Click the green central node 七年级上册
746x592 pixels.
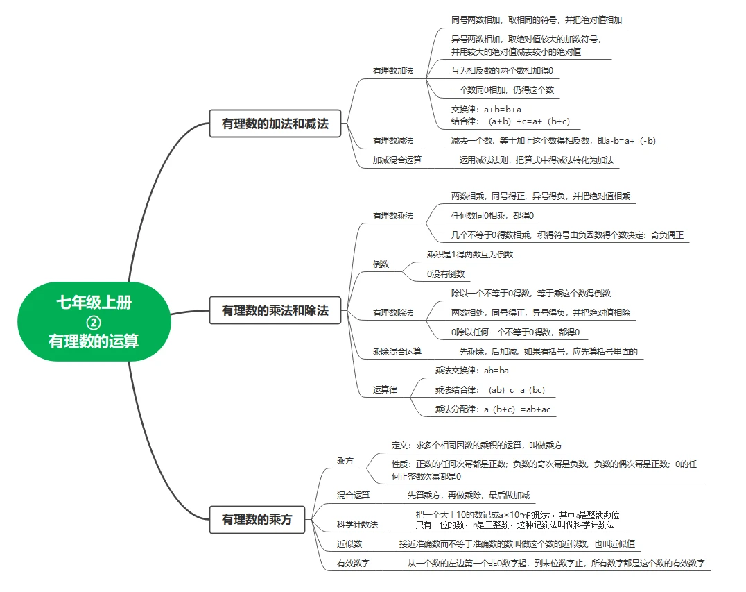coord(94,303)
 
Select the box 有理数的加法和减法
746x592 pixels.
coord(275,124)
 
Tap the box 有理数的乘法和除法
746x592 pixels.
coord(275,310)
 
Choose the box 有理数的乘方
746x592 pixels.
coord(257,519)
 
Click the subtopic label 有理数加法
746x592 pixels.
coord(392,71)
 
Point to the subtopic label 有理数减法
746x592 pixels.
coord(392,141)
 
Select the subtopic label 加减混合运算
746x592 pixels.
coord(397,160)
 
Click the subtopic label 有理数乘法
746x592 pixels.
coord(392,216)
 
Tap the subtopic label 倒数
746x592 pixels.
coord(381,264)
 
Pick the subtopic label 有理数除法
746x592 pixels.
coord(392,313)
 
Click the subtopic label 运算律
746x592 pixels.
coord(385,390)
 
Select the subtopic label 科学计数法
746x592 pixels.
coord(357,524)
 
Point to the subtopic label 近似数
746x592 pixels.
coord(349,544)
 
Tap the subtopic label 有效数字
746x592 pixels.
coord(353,564)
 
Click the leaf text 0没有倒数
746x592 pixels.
coord(446,274)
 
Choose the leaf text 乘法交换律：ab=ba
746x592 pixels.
coord(471,371)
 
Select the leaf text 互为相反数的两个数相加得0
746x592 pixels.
coord(502,70)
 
